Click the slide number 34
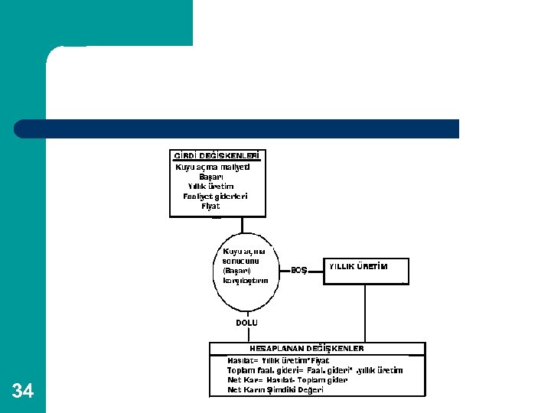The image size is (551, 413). (23, 391)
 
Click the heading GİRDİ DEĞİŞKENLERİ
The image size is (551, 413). (217, 156)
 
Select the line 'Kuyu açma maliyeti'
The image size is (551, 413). (213, 167)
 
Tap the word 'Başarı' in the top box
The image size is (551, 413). (211, 177)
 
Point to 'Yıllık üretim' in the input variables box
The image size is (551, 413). (211, 187)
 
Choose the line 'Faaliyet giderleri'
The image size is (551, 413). (215, 197)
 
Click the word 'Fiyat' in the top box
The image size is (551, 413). (210, 206)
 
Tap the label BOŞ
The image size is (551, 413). (298, 270)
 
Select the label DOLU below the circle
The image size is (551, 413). (246, 323)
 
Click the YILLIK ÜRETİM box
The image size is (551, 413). (366, 271)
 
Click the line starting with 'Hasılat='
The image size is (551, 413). (279, 360)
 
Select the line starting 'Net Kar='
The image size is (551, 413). (287, 380)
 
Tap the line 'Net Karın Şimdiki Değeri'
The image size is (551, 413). (275, 390)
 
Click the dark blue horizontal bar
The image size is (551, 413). (237, 128)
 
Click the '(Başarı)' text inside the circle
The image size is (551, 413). (237, 271)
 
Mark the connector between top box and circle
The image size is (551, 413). (243, 225)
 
